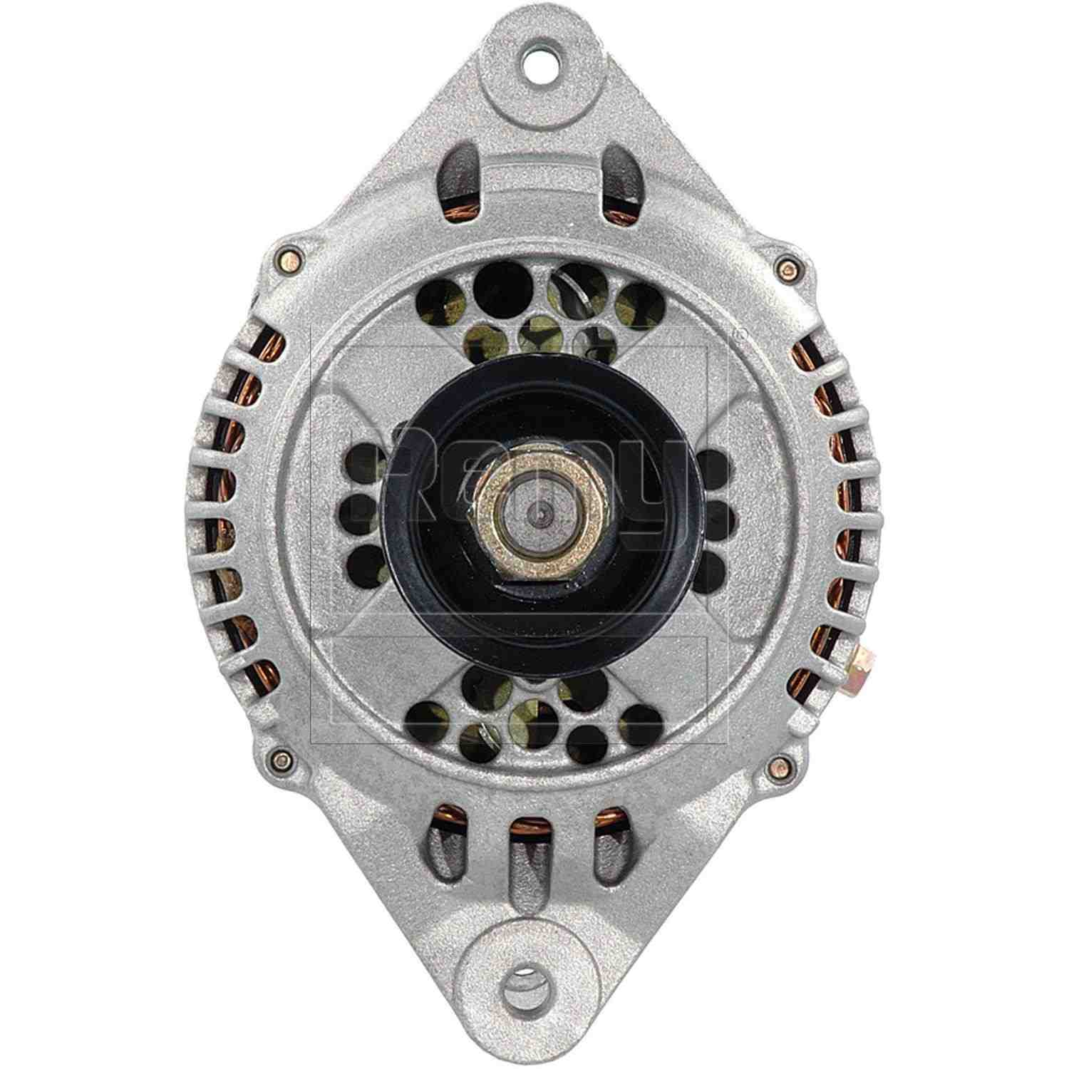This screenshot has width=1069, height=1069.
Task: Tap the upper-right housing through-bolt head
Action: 787,268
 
